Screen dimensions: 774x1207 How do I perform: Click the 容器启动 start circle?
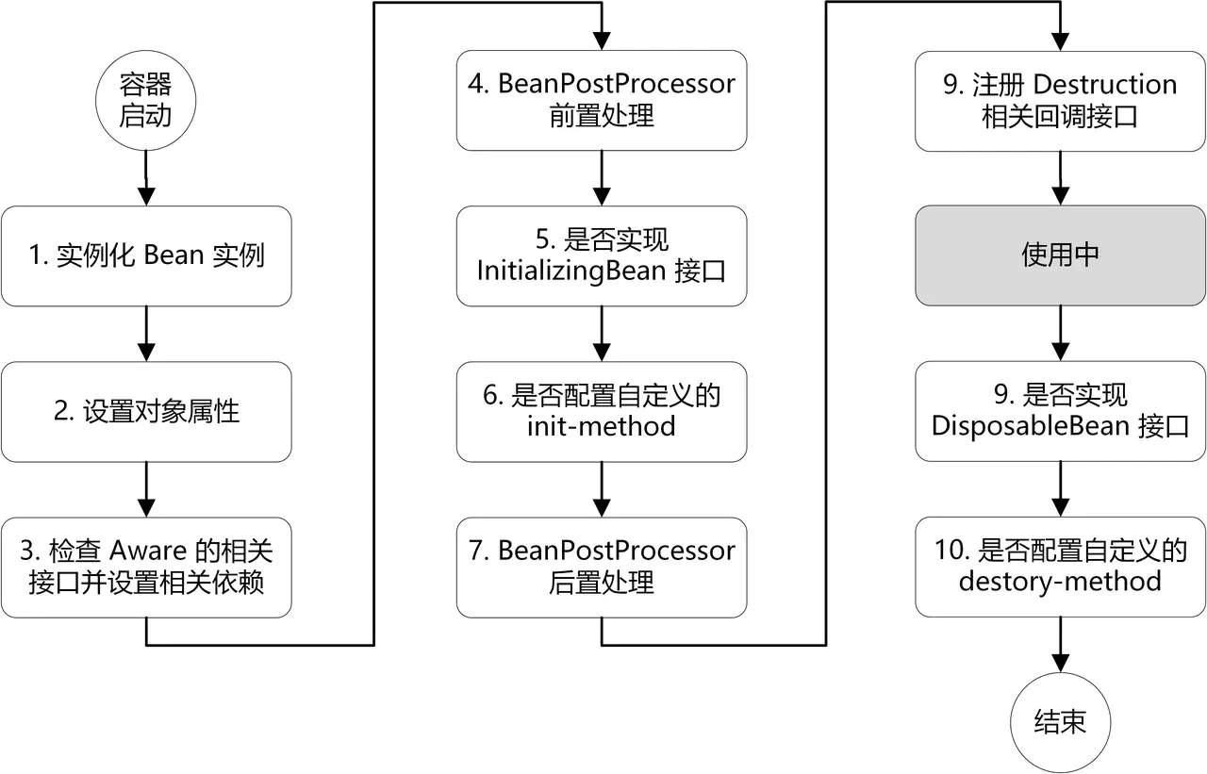point(145,101)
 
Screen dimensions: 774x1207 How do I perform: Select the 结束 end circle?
point(1061,723)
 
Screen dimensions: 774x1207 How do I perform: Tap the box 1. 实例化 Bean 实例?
point(145,255)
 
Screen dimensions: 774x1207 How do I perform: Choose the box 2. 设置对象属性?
point(145,412)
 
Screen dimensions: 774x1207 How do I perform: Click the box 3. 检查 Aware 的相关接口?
point(145,568)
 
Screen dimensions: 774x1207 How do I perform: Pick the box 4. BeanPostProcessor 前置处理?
point(602,100)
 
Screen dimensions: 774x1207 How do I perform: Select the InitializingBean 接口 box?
point(602,255)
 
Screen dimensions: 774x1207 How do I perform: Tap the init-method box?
point(602,411)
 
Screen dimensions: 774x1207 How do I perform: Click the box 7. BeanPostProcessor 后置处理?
point(602,567)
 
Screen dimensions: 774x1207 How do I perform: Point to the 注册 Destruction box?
point(1061,100)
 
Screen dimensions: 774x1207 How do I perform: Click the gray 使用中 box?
point(1061,255)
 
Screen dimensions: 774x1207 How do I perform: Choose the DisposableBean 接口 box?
point(1061,411)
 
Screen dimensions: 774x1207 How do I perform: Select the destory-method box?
point(1061,566)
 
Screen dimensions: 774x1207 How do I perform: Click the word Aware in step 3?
point(155,552)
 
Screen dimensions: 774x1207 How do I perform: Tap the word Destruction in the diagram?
point(1105,85)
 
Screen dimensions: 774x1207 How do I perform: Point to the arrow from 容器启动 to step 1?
point(145,179)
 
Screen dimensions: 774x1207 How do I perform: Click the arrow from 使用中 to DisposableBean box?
point(1061,333)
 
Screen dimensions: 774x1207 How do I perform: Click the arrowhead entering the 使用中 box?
point(1061,196)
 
